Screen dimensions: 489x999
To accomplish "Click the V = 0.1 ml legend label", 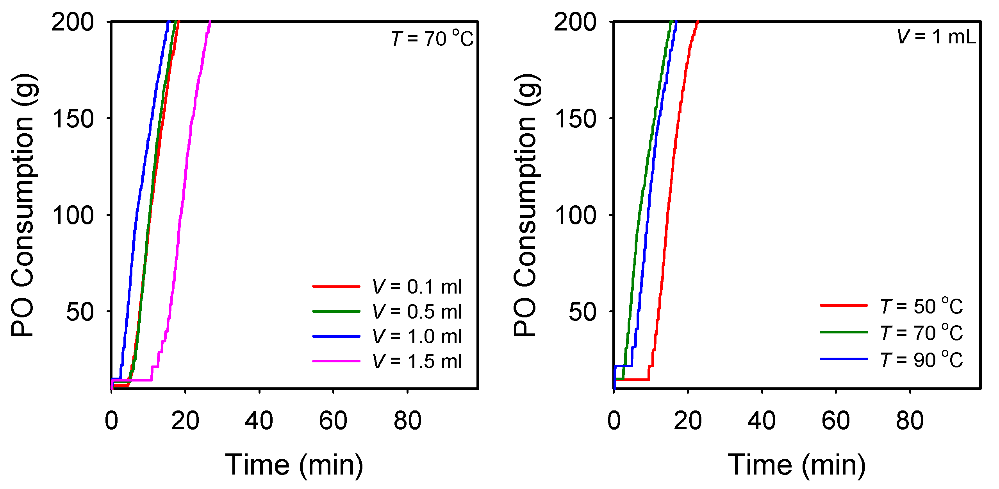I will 417,287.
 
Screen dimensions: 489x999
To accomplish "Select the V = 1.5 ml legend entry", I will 417,361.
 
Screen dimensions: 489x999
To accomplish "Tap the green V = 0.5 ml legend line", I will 336,312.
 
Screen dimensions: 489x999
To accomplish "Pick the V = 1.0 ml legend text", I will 417,336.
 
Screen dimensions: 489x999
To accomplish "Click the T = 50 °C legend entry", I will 922,306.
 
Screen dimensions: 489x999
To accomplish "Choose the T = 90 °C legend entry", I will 922,359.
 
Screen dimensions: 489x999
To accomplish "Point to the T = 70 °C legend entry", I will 922,333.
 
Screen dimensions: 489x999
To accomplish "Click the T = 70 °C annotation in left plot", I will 432,38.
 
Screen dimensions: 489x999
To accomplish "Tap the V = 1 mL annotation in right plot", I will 936,37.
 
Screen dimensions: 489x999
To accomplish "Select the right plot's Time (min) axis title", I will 797,464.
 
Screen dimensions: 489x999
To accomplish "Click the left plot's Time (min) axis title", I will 294,464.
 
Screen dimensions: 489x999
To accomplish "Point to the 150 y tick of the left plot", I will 73,118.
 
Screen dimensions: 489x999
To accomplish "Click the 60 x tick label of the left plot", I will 333,421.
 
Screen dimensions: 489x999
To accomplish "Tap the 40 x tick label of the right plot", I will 761,421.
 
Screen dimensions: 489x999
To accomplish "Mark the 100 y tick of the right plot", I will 575,215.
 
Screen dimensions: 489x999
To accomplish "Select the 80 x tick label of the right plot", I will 910,421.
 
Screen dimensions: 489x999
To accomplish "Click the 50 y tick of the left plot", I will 80,312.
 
